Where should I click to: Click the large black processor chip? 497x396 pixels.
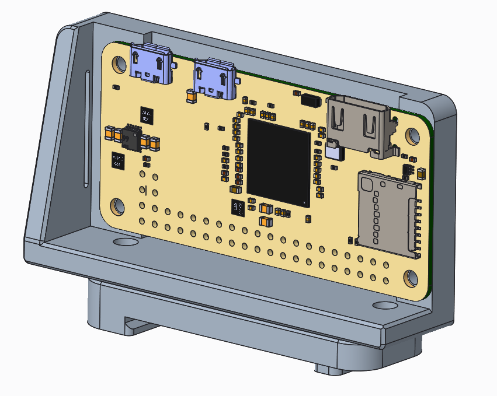tap(279, 163)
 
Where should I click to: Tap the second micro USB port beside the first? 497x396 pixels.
tap(215, 78)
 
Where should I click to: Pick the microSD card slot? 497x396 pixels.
tap(388, 212)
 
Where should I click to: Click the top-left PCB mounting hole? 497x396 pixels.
tap(119, 64)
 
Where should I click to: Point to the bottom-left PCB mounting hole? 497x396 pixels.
tap(117, 206)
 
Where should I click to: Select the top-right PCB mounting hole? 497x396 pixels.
tap(412, 136)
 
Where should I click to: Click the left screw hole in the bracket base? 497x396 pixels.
tap(124, 241)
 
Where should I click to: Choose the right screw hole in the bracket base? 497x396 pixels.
tap(383, 305)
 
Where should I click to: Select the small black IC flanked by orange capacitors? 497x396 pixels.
tap(132, 138)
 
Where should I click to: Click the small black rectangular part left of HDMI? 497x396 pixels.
tap(308, 99)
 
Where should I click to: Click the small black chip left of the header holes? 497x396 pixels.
tap(118, 160)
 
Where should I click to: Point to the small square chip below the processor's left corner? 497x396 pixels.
tap(238, 206)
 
